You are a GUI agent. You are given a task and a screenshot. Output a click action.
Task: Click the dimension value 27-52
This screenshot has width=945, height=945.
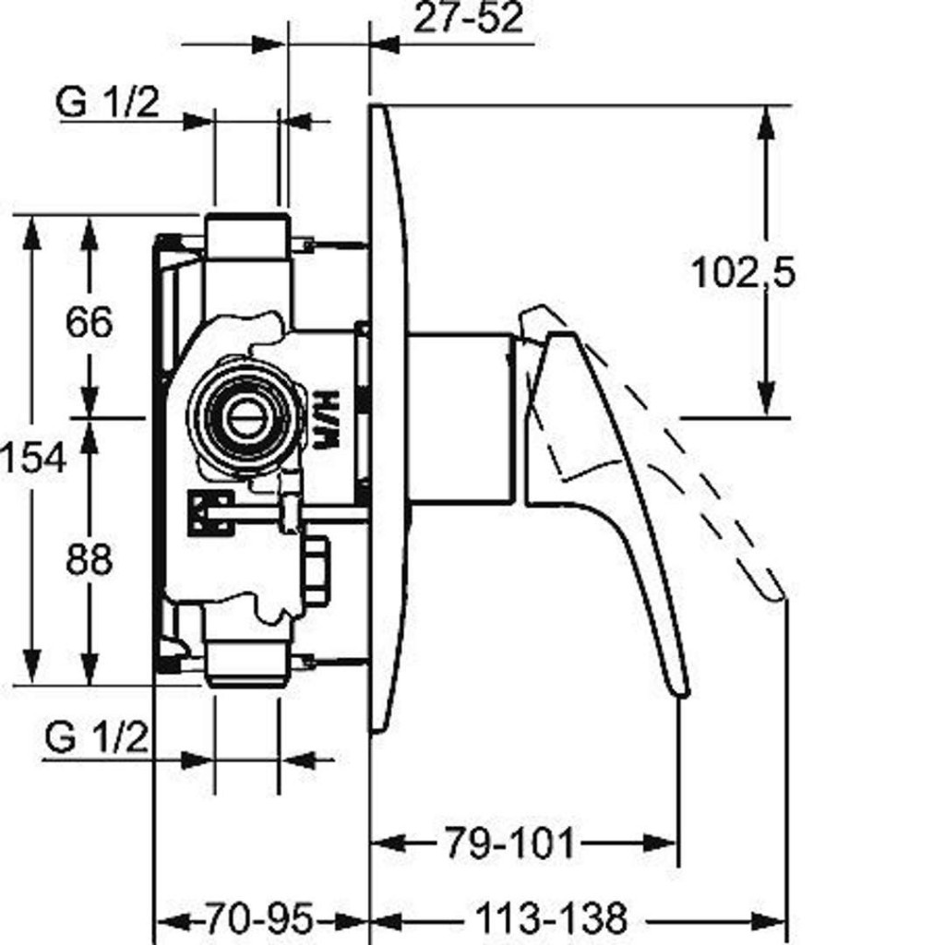click(x=468, y=19)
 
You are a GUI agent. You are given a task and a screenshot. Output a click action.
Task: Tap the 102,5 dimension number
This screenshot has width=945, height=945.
click(x=742, y=272)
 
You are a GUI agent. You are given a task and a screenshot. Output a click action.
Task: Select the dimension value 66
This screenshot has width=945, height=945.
click(x=89, y=322)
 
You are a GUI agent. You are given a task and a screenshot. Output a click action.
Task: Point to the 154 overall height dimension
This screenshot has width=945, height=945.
click(x=33, y=458)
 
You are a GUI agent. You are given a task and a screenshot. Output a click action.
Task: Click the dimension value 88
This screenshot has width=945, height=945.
click(x=89, y=559)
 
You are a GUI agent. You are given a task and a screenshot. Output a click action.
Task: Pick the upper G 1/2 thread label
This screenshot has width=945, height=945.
click(x=107, y=102)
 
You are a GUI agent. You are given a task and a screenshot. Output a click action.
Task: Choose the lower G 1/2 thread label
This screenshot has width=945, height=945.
click(x=96, y=738)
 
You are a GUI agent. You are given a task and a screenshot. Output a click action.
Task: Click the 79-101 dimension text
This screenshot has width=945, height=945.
click(x=509, y=843)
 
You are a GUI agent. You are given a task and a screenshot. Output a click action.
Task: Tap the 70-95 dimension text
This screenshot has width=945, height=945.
click(x=258, y=920)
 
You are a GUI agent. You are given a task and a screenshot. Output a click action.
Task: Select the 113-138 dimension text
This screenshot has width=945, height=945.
click(x=551, y=920)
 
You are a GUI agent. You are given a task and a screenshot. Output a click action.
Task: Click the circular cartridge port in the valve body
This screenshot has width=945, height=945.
click(x=245, y=416)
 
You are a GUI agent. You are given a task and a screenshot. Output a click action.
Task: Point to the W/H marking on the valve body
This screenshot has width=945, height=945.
click(x=326, y=420)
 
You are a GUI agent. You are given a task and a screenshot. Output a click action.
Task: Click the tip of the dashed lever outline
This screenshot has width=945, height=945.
click(x=778, y=592)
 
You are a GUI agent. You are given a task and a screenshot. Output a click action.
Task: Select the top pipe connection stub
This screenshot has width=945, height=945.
click(x=247, y=236)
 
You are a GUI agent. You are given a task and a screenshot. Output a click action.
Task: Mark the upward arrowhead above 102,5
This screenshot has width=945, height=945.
click(x=765, y=121)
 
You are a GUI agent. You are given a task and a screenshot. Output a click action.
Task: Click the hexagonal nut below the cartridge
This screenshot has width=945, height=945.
click(x=316, y=571)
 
